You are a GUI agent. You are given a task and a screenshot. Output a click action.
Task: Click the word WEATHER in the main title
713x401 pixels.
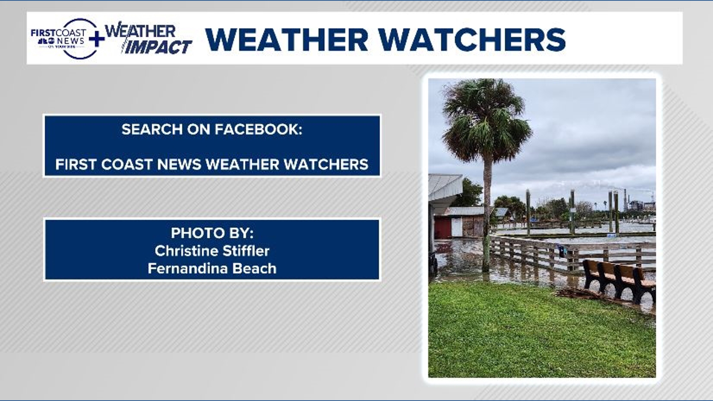click(287, 39)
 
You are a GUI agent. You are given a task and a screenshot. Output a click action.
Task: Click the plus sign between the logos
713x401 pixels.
click(97, 39)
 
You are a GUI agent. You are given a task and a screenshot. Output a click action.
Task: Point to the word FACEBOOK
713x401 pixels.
click(258, 129)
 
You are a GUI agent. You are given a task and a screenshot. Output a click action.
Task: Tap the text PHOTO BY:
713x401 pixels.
click(212, 233)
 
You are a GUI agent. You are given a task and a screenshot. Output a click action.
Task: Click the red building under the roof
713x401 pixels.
click(442, 228)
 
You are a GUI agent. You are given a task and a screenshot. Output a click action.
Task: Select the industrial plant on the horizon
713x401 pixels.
click(639, 203)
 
